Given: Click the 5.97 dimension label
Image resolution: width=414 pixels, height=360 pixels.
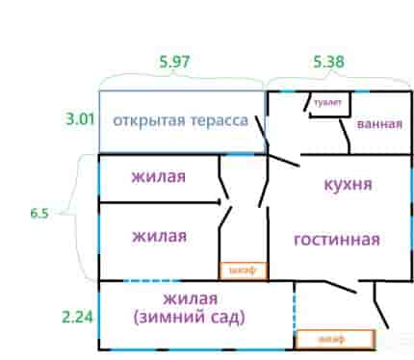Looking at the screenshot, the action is pos(175,62).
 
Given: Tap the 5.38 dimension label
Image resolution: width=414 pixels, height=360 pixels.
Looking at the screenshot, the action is pos(328,62).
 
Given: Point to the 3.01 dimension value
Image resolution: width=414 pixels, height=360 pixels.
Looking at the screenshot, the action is pos(80,119).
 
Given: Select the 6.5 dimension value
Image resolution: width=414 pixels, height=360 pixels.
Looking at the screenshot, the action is pos(39,213).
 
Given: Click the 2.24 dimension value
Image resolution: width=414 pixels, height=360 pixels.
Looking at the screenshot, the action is pos(77,317).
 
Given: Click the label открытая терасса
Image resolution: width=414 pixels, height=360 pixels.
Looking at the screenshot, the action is pos(181,120).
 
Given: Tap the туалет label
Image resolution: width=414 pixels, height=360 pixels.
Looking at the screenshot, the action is pos(327,103).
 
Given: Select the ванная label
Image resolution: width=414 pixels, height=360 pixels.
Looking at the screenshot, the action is pos(379,124).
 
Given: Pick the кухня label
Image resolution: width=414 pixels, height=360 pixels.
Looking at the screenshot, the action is pos(349,185).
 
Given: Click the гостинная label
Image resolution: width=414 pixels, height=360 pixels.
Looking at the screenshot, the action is pos(337,240).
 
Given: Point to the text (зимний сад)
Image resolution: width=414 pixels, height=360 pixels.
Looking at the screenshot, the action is pos(190,317).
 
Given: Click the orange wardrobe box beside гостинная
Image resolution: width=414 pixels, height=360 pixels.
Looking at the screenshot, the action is pos(244,270).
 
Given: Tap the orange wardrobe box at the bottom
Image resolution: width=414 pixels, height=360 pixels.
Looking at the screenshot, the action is pos(335,339).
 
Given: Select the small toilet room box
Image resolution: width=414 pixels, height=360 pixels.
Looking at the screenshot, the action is pos(329,104).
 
